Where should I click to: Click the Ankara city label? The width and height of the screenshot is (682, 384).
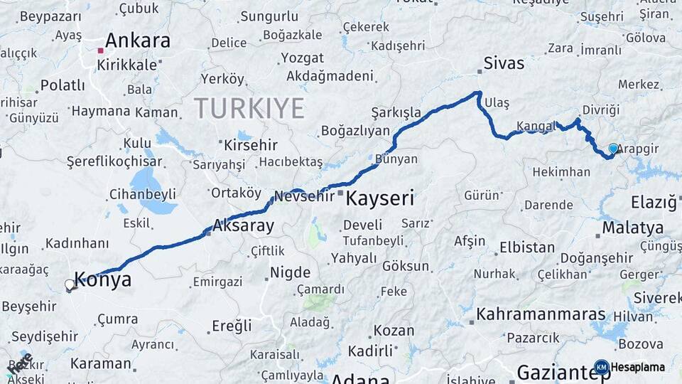[138, 41]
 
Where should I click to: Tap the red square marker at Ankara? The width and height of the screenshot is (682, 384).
[101, 50]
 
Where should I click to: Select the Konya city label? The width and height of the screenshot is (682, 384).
[103, 279]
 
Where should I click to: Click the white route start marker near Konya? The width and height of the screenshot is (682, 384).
[70, 284]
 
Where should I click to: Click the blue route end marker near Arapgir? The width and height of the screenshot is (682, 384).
[613, 148]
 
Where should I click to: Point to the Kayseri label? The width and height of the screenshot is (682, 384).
[379, 198]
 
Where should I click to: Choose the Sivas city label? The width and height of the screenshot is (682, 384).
[504, 63]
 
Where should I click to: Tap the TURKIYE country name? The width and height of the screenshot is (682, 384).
[249, 108]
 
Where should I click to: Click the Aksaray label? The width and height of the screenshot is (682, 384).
[244, 227]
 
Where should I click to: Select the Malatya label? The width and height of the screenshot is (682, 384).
[633, 228]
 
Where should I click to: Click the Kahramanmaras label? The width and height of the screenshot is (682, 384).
[541, 314]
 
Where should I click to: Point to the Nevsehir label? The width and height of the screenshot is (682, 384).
[304, 196]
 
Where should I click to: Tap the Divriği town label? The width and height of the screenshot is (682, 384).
[601, 110]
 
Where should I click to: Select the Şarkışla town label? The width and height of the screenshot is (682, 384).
[396, 112]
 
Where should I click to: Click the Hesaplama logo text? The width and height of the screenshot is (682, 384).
[638, 367]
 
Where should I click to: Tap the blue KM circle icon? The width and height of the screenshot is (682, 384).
[601, 367]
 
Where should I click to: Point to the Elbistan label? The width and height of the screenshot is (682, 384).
[526, 248]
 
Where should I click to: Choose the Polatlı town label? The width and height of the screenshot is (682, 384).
[63, 85]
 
